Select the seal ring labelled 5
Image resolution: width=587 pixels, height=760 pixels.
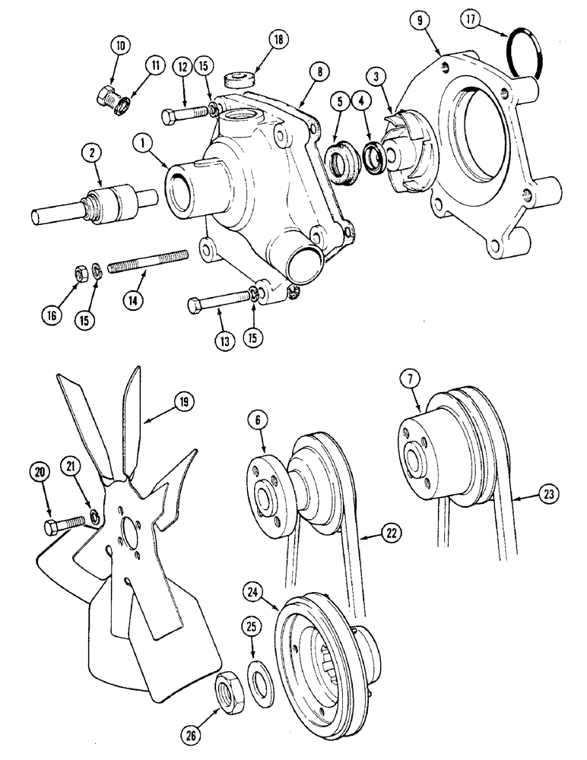click(340, 161)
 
